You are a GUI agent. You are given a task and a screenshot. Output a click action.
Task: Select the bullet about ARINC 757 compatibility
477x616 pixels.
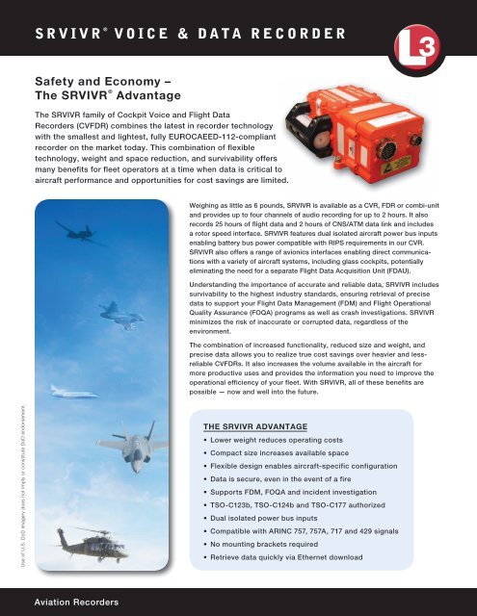[x=326, y=530]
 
